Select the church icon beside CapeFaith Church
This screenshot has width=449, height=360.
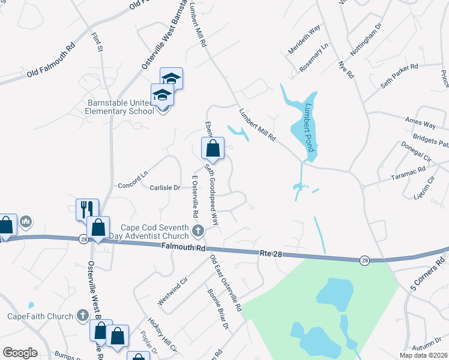[x=83, y=316]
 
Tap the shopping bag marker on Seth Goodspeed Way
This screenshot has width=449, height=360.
[x=212, y=148]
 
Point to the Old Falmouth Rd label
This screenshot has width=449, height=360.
[x=50, y=61]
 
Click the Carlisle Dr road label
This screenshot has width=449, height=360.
[x=164, y=188]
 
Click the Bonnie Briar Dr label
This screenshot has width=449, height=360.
[x=218, y=309]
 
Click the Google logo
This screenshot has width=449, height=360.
[x=20, y=353]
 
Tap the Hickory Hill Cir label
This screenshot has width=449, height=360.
[x=162, y=336]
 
